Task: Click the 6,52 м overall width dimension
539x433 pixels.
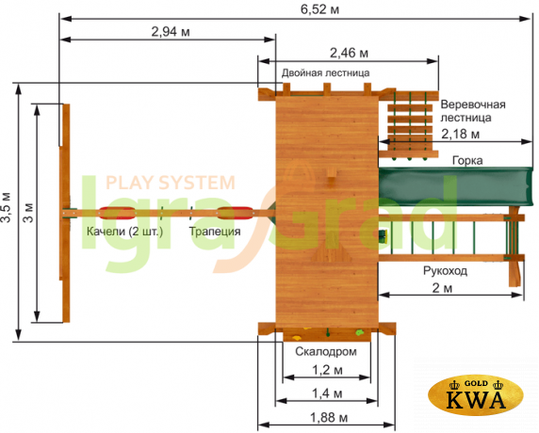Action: coord(319,9)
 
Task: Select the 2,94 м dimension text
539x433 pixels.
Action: coord(171,32)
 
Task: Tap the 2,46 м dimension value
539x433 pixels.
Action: coord(349,54)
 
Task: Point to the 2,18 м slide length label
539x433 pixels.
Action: coord(460,134)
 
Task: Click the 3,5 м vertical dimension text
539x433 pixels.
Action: coord(7,212)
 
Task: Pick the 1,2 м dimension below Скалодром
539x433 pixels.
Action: coord(327,370)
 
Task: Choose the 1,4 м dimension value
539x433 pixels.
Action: coord(327,393)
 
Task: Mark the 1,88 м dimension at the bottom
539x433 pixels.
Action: coord(329,418)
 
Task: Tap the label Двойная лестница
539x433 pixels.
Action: coord(325,72)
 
